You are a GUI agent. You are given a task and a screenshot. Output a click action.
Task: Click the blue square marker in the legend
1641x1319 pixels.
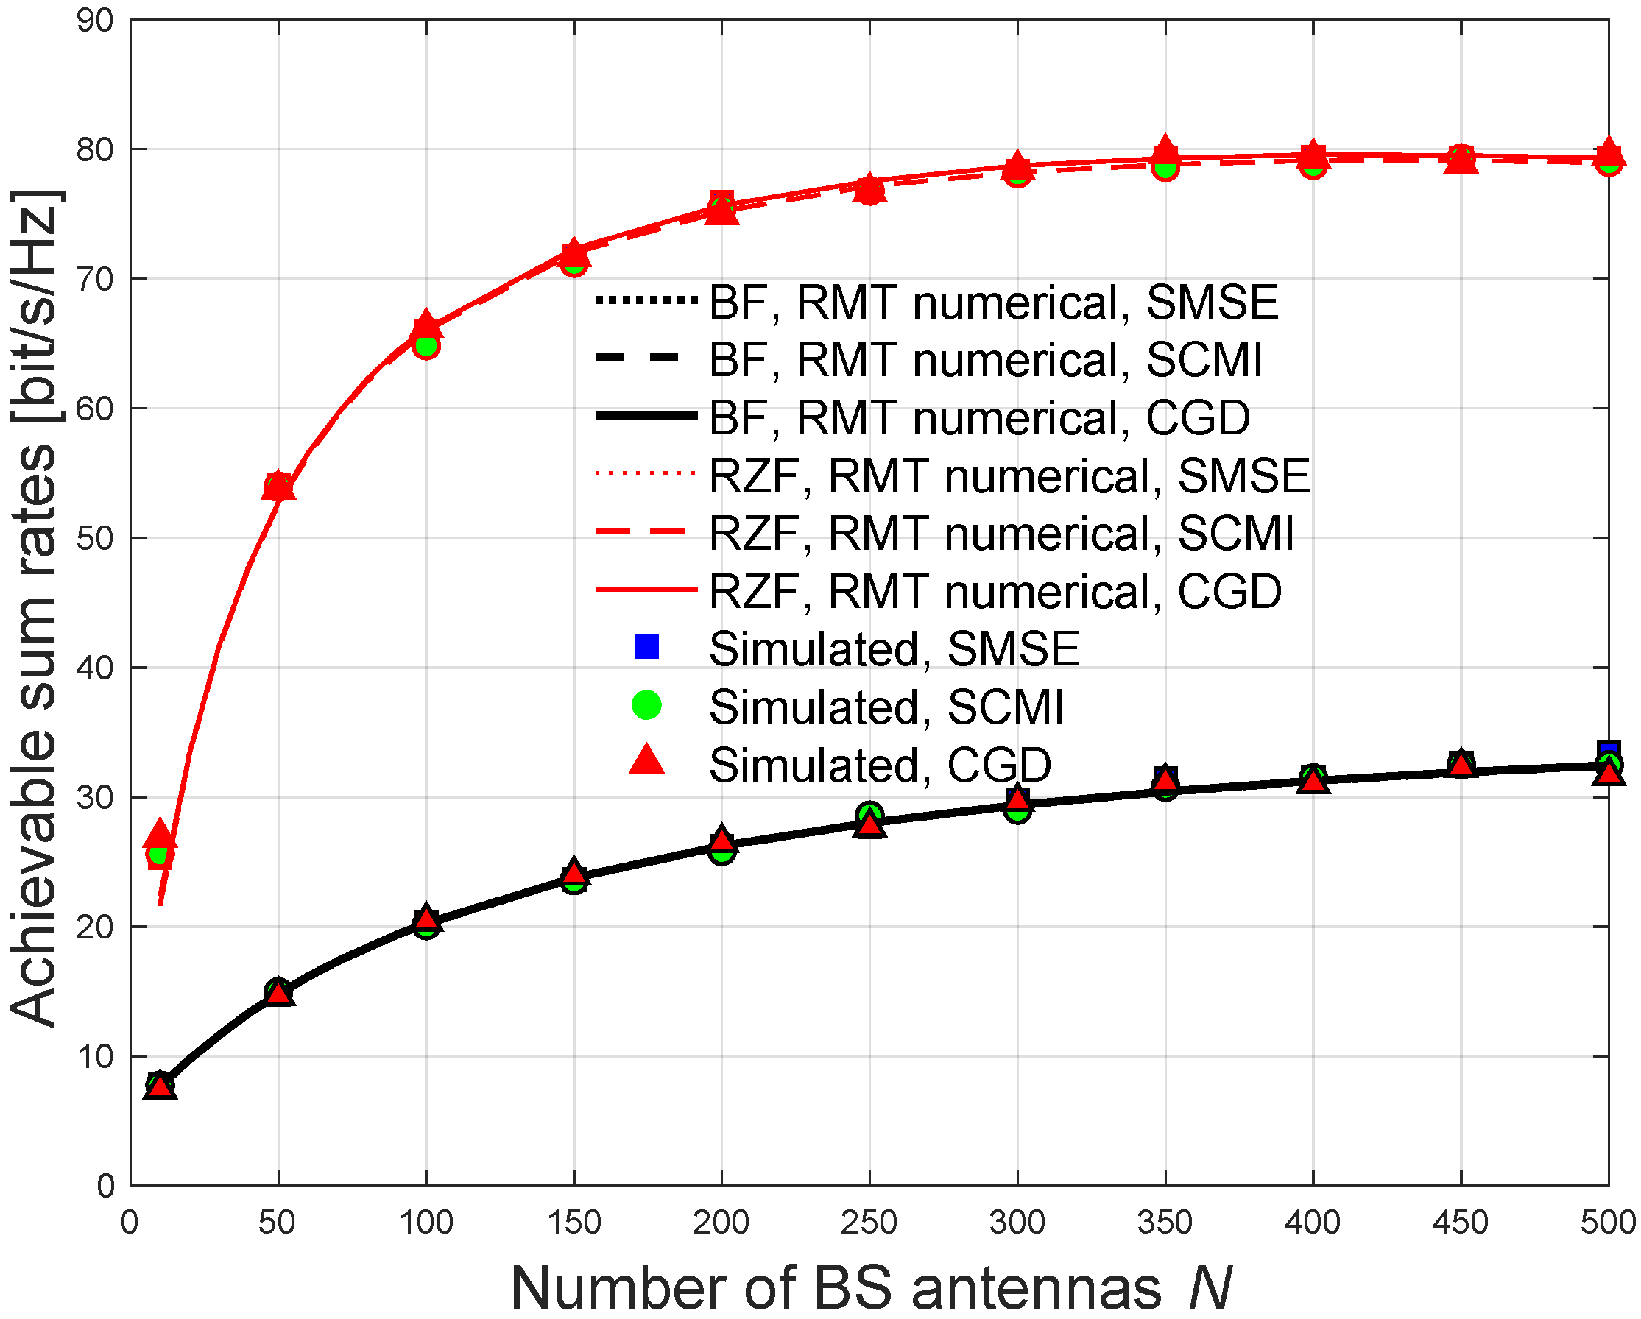pyautogui.click(x=646, y=647)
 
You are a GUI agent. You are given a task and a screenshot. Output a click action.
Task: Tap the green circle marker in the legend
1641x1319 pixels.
pyautogui.click(x=646, y=705)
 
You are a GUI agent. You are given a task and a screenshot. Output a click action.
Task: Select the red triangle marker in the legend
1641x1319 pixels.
pyautogui.click(x=646, y=761)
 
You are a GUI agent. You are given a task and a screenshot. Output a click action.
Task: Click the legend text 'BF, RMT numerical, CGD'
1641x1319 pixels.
pyautogui.click(x=979, y=418)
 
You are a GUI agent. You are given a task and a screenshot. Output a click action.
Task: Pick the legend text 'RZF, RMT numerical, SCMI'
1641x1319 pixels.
pyautogui.click(x=1001, y=533)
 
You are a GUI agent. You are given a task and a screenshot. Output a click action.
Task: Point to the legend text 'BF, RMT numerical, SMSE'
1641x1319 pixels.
pyautogui.click(x=992, y=303)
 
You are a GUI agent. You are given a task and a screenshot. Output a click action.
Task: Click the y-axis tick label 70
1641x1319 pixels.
pyautogui.click(x=95, y=279)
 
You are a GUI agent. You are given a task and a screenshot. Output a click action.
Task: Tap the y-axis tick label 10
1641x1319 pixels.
pyautogui.click(x=95, y=1056)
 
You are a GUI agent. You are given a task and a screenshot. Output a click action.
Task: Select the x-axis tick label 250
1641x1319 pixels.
pyautogui.click(x=869, y=1223)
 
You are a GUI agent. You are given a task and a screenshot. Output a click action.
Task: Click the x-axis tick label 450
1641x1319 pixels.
pyautogui.click(x=1460, y=1223)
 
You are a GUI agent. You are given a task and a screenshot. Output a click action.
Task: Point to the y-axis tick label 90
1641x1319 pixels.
pyautogui.click(x=95, y=21)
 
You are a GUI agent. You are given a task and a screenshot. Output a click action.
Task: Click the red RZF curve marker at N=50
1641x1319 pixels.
pyautogui.click(x=278, y=486)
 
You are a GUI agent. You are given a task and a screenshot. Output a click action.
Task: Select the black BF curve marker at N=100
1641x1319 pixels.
pyautogui.click(x=426, y=921)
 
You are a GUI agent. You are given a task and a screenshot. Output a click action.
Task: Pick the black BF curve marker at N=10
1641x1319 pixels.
pyautogui.click(x=160, y=1086)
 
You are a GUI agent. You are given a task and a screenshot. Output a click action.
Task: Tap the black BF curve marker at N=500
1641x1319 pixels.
pyautogui.click(x=1609, y=765)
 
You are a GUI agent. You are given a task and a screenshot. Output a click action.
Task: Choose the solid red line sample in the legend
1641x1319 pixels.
pyautogui.click(x=646, y=589)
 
